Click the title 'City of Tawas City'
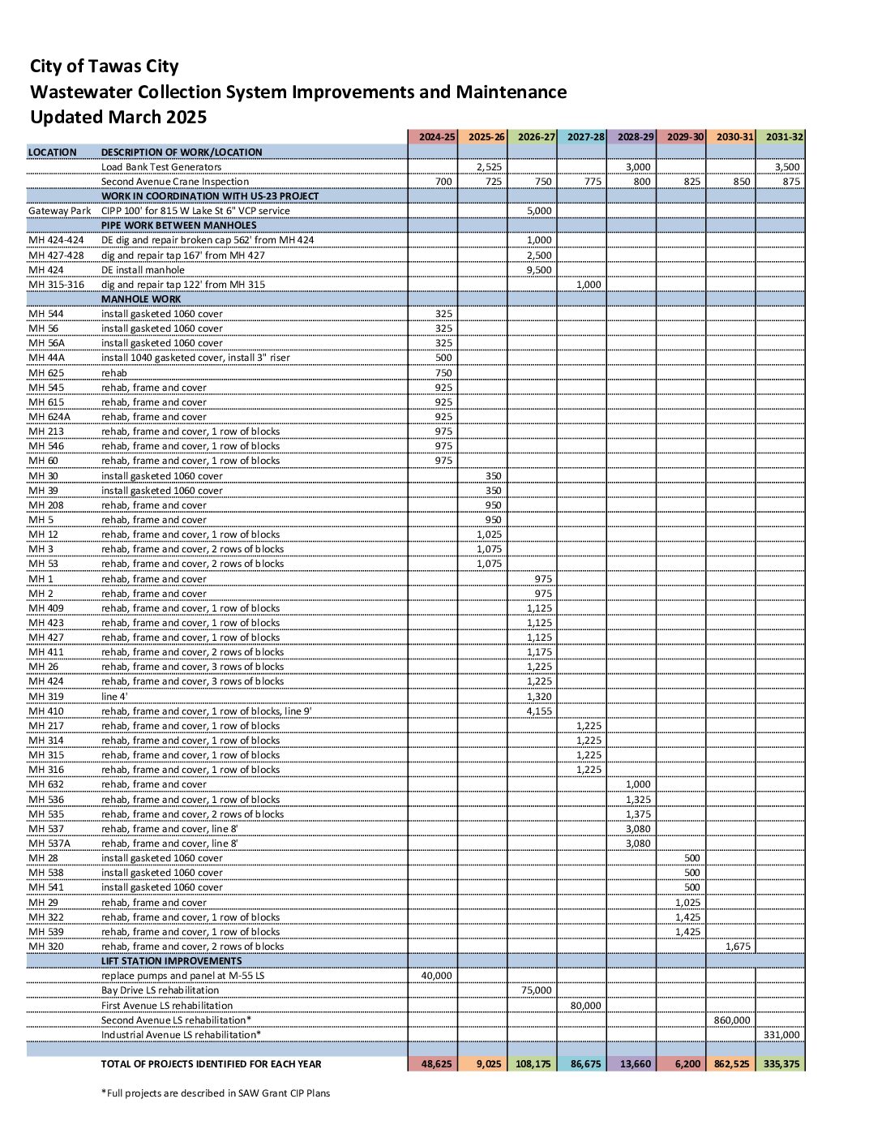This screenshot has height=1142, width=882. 105,67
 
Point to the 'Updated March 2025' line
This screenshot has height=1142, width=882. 118,118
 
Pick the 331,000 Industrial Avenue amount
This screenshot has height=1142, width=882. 781,1035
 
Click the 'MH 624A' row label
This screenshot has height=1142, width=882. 49,417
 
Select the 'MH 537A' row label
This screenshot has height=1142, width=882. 49,844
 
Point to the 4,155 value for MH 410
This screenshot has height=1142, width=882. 539,711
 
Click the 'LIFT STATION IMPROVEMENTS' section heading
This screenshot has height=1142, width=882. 171,961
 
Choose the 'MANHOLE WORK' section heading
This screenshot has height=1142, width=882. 141,299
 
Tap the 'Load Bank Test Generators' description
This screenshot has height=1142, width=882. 161,167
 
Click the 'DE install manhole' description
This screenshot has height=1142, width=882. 143,270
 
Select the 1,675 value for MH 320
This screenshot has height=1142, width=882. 738,947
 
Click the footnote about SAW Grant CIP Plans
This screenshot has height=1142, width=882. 216,1093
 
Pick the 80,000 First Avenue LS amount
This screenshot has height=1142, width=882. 585,1006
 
